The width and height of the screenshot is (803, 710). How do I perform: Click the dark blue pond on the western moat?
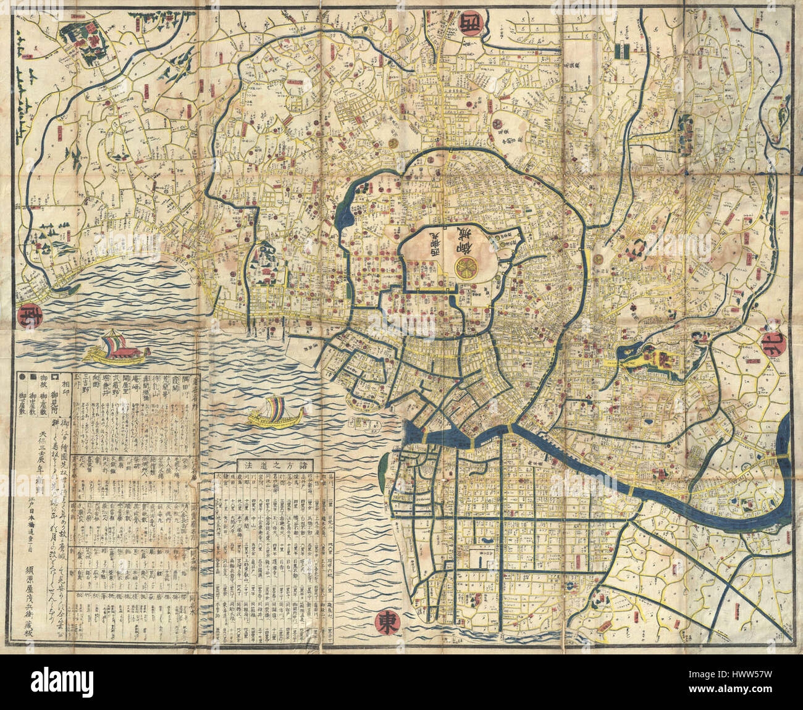pyautogui.click(x=344, y=211)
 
